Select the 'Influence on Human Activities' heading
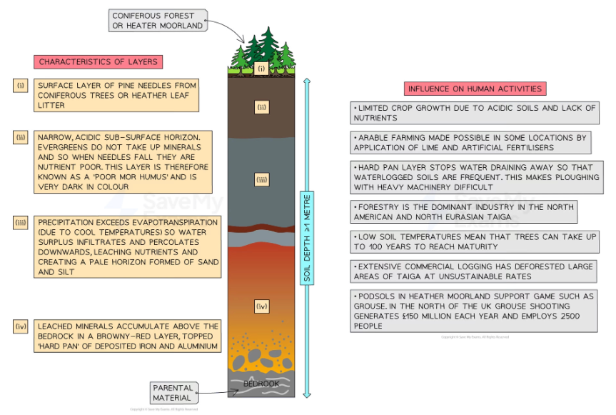(475, 89)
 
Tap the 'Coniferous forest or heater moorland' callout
(158, 20)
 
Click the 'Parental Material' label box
(172, 392)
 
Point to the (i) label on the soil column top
(262, 69)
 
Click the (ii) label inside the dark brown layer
(262, 107)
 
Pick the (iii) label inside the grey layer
(262, 181)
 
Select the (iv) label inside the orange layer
(262, 306)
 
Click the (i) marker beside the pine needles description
(20, 86)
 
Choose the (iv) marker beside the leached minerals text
(20, 326)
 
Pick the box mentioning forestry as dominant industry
(464, 211)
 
